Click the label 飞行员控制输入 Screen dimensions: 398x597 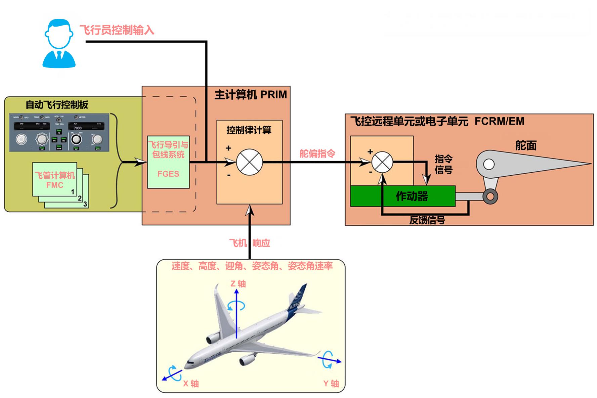(x=117, y=30)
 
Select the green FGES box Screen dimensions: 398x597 (x=168, y=162)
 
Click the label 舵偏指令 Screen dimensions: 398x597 (x=317, y=154)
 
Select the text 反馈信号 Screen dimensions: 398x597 (x=427, y=220)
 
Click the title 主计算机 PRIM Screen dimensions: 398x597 (x=251, y=95)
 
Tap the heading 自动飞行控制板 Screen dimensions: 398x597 (x=57, y=105)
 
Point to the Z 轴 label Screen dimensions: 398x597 (x=238, y=284)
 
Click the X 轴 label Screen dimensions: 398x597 (x=191, y=384)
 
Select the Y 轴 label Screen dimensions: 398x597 (x=331, y=384)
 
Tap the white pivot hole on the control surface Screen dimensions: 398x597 (x=489, y=165)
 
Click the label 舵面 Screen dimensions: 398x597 (x=526, y=145)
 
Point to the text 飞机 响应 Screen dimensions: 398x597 (x=249, y=243)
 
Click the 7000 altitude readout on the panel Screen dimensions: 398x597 (x=78, y=128)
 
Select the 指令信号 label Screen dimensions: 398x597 (x=443, y=164)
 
